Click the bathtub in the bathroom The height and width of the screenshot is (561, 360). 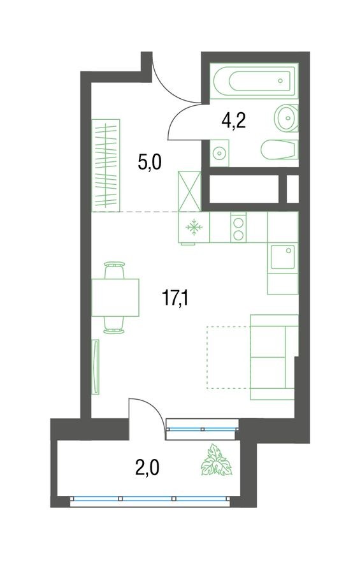pyautogui.click(x=252, y=83)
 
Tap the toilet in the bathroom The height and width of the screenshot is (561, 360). pyautogui.click(x=279, y=150)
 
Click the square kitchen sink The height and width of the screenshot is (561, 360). pyautogui.click(x=282, y=259)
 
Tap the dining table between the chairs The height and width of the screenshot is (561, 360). pyautogui.click(x=115, y=298)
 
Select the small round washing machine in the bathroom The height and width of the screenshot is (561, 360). pyautogui.click(x=219, y=153)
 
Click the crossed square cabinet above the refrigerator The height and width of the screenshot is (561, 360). pyautogui.click(x=190, y=191)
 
